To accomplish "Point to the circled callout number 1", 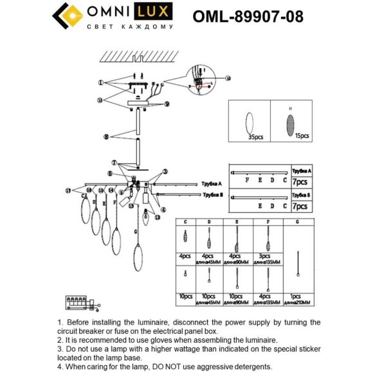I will coord(100,83).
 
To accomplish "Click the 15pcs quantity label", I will coord(301,136).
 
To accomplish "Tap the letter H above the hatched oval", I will coord(291,107).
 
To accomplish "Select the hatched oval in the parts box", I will coord(291,121).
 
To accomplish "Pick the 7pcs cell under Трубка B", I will coord(300,206).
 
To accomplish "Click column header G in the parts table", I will coord(297,222).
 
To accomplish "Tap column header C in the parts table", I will coord(186,222).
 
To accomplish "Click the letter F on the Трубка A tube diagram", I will coord(248,181).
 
